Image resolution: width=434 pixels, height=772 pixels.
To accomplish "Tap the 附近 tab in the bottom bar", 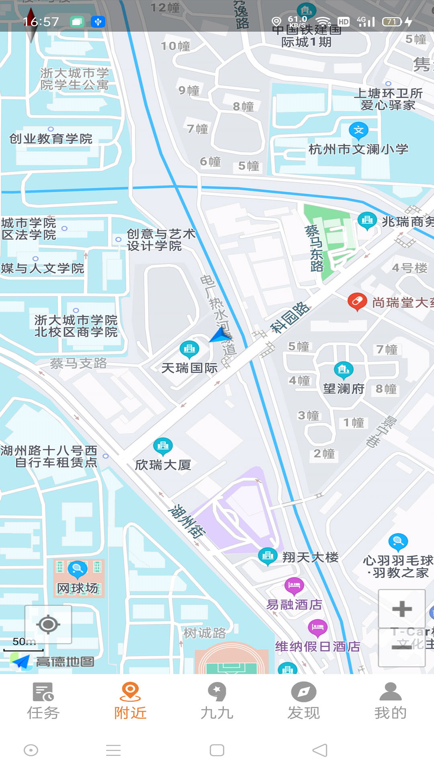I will point(130,701).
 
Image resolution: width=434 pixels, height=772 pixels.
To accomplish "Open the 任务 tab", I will point(43,701).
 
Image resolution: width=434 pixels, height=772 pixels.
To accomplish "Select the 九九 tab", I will point(217,701).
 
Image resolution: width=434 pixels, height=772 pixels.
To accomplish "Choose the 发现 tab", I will point(304,701).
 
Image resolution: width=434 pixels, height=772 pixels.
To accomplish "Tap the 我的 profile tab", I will point(391,701).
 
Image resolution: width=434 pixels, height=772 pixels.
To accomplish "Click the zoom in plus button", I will point(401,609).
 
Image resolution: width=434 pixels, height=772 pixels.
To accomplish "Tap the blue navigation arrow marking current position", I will point(219,335).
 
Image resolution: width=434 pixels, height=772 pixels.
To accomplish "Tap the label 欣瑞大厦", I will point(163,465).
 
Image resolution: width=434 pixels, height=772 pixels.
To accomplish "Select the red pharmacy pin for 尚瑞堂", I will point(357,302).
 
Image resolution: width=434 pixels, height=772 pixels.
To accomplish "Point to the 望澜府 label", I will point(344,389).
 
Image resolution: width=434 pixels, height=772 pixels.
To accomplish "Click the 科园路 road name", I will point(290,318).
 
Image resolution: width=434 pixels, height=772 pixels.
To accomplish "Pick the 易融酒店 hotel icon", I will point(294,585).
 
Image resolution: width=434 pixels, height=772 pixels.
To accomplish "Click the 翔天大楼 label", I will point(310,557).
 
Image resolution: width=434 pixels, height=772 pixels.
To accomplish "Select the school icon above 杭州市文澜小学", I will point(358,131).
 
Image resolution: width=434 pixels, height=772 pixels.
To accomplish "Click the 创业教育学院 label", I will point(51,139).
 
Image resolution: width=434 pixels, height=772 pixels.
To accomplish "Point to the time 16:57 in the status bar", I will point(41,22).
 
